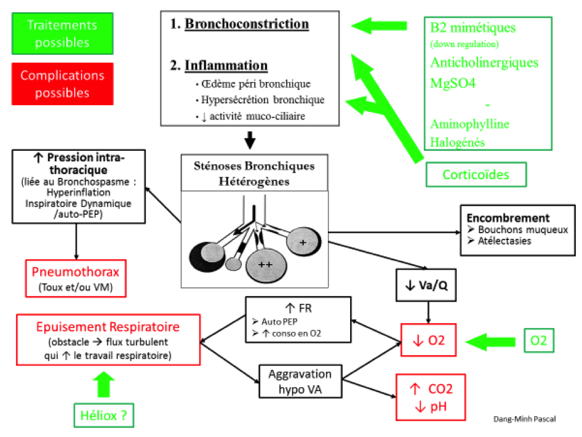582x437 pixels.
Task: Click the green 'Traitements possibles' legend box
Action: point(62,33)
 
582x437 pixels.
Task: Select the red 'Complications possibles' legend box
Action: point(62,84)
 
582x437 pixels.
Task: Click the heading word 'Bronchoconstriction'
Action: point(247,24)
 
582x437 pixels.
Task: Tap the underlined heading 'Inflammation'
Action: point(226,65)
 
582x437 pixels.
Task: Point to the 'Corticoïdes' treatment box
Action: point(476,175)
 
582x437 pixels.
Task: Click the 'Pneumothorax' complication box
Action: point(76,278)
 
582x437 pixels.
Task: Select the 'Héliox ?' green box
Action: point(103,415)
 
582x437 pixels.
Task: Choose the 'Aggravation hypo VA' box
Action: point(300,382)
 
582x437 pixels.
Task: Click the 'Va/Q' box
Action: point(426,285)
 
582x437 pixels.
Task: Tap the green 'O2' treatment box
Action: point(538,340)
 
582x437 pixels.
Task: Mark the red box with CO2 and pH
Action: point(431,397)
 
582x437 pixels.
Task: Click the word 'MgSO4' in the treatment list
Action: point(452,83)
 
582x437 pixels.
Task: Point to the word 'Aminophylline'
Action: point(469,124)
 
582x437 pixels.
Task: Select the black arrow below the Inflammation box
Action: point(250,140)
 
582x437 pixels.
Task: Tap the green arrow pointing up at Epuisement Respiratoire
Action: point(103,384)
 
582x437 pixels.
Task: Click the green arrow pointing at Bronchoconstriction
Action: point(379,26)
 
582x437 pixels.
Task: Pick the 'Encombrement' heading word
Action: point(508,217)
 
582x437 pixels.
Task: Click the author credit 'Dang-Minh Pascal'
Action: point(524,419)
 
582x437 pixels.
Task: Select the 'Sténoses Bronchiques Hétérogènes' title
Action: point(254,174)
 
